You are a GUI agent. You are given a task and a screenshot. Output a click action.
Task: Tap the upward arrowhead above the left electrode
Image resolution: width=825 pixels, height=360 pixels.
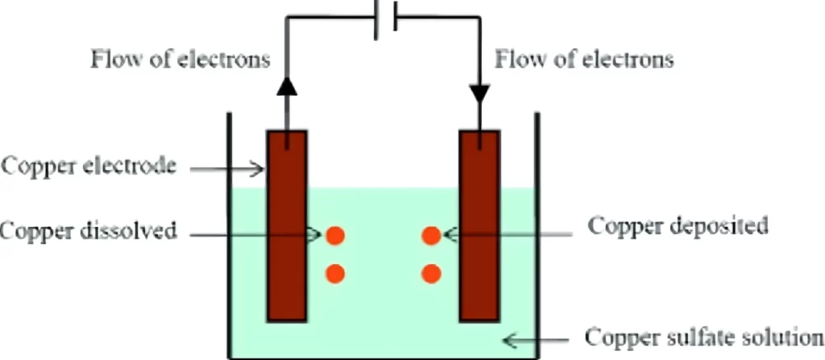[x=288, y=88]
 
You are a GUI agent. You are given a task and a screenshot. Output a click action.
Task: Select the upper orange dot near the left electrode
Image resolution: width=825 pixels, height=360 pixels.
[x=335, y=236]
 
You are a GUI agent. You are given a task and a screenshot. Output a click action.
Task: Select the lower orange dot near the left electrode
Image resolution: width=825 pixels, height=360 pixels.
[x=335, y=274]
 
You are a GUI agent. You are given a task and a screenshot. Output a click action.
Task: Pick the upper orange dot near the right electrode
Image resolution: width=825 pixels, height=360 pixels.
[x=432, y=236]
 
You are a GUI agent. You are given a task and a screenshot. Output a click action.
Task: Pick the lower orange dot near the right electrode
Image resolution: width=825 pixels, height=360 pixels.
[x=432, y=274]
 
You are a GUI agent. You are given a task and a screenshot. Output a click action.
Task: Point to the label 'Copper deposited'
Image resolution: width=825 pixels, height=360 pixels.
[x=678, y=226]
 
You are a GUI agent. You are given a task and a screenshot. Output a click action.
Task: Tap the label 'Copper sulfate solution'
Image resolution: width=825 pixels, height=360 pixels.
[x=704, y=337]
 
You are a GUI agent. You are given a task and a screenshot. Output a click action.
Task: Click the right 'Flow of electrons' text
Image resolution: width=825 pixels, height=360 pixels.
[x=585, y=60]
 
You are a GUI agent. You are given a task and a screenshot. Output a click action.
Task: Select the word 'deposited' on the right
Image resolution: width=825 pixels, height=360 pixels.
[x=718, y=226]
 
